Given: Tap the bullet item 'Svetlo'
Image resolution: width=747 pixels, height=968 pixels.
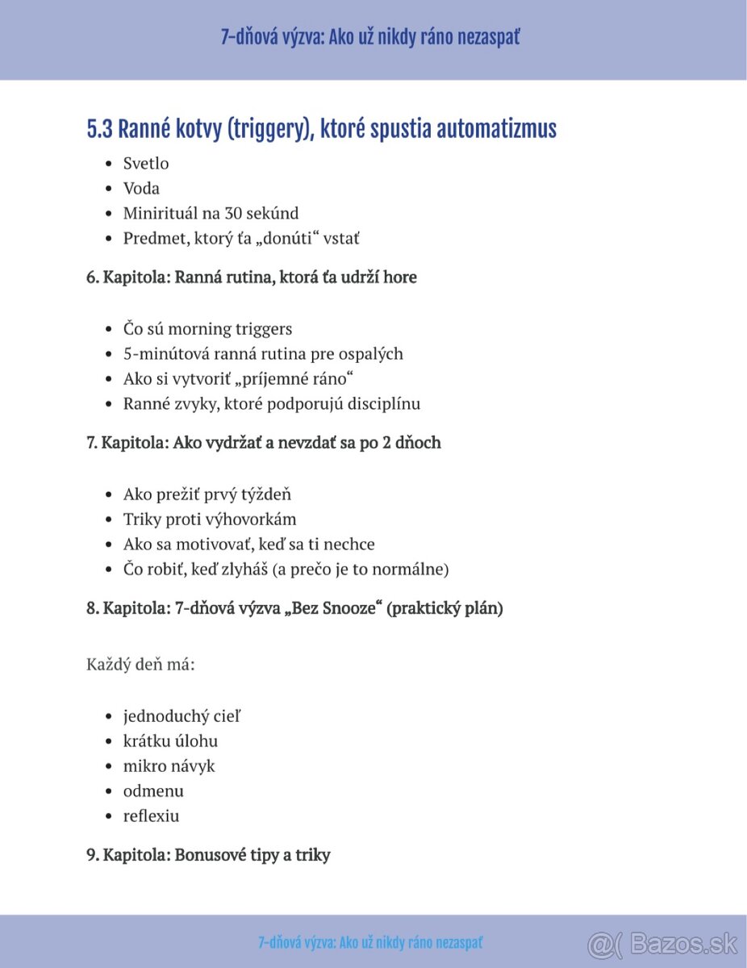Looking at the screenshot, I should pos(146,164).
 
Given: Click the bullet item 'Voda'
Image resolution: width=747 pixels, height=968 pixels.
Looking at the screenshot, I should pos(141,189).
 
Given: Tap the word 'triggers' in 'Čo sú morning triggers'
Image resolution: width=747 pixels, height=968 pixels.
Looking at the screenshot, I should pos(264,329).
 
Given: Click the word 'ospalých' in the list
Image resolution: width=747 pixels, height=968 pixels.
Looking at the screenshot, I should pos(370,354).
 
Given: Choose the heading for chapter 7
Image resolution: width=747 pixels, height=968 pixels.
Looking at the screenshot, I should pos(264,443).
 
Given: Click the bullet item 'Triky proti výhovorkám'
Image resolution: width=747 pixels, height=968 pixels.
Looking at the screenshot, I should pos(210,519).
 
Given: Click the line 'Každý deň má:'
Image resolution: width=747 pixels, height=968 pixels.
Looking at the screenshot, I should pos(140,665).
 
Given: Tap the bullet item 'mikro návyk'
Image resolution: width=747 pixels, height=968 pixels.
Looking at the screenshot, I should pos(169,766).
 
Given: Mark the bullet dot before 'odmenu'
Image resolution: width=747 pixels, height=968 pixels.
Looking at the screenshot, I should pos(109,791).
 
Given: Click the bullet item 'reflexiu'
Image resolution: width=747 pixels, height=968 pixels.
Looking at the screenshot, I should pos(151,816).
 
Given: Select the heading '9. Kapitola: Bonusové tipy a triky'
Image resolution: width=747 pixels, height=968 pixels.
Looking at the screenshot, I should pos(208,855).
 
